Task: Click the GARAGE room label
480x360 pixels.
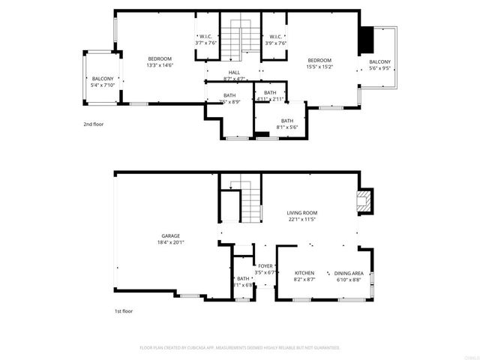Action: coord(170,235)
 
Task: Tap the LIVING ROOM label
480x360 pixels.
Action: coord(302,212)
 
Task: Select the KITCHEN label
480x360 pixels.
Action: coord(304,272)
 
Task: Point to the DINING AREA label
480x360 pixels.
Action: coord(349,272)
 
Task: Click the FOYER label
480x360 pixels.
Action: coord(265,265)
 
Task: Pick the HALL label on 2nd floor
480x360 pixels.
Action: coord(234,72)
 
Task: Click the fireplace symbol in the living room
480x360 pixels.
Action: coord(364,200)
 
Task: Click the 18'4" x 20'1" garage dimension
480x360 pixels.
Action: coord(170,242)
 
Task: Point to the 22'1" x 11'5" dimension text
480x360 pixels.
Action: coord(302,219)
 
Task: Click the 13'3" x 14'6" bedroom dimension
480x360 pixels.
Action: coord(160,66)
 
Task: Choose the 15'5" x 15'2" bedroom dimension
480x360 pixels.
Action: coord(319,66)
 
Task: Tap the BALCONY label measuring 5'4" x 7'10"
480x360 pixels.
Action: coord(103,79)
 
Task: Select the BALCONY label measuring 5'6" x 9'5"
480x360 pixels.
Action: coord(380,61)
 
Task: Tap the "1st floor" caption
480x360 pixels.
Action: coord(123,310)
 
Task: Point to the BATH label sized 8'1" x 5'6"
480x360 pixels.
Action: coord(287,121)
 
